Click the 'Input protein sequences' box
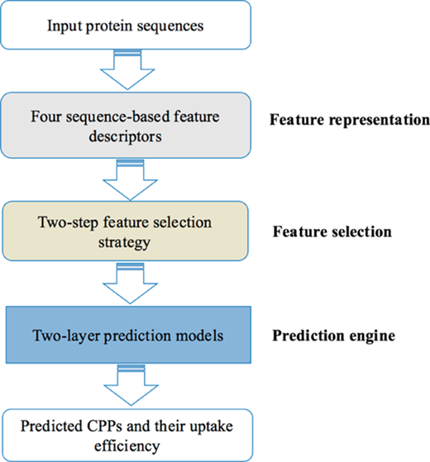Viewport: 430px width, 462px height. [126, 25]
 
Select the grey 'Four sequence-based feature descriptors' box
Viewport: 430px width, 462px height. [126, 126]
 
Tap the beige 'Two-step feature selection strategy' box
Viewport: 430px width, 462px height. [125, 231]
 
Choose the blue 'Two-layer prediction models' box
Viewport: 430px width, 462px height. [128, 335]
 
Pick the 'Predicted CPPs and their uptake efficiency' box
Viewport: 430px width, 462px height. [127, 436]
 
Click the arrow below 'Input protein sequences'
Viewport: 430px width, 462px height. [127, 69]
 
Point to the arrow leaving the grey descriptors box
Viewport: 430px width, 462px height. [131, 180]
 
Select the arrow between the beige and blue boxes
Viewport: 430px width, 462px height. [131, 283]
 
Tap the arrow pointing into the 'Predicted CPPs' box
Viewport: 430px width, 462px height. [131, 385]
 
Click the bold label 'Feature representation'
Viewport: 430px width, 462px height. [350, 120]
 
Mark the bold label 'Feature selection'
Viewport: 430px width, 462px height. [332, 231]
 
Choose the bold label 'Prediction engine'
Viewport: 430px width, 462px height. [333, 336]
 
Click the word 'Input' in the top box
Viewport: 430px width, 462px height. [64, 26]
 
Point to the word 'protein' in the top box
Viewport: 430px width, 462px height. [109, 26]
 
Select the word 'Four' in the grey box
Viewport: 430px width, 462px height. [45, 117]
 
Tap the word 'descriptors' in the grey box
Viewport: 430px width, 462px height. [125, 136]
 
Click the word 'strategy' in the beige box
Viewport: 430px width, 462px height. [124, 243]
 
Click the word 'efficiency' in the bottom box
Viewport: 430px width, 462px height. [127, 446]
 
